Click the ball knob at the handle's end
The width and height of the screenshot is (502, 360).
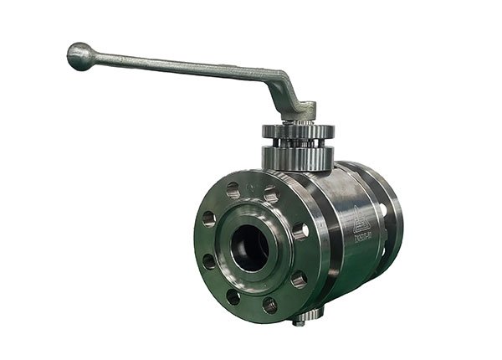pyautogui.click(x=79, y=55)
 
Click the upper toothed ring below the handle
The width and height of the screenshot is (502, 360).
pyautogui.click(x=298, y=131)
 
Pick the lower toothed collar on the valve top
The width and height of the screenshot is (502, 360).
pyautogui.click(x=298, y=157)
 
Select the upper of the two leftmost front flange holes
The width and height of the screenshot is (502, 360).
pyautogui.click(x=208, y=219)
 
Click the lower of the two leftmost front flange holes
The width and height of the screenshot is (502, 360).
pyautogui.click(x=209, y=260)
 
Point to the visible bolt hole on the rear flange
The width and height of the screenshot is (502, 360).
pyautogui.click(x=383, y=209)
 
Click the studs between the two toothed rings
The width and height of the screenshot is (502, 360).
pyautogui.click(x=298, y=143)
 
